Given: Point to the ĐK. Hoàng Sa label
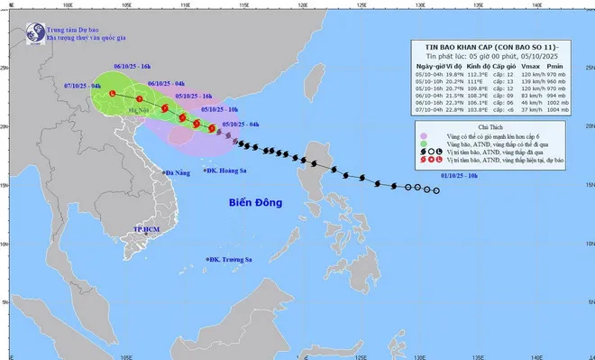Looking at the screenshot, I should [x=230, y=169].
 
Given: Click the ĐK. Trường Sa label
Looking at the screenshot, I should [x=233, y=260].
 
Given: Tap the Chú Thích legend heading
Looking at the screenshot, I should [x=493, y=128].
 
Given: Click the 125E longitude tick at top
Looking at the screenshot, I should [x=361, y=6].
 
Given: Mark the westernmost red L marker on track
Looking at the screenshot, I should [x=112, y=94].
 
